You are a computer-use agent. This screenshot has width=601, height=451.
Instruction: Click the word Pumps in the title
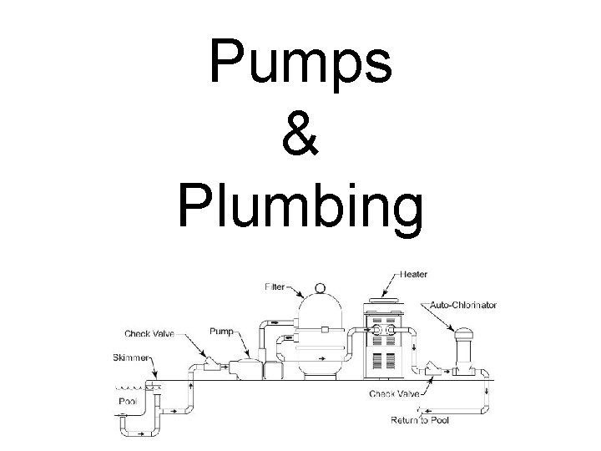click(x=300, y=63)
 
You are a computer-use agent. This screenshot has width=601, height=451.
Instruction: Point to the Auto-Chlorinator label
click(x=464, y=306)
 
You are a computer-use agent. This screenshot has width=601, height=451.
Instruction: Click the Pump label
click(x=220, y=331)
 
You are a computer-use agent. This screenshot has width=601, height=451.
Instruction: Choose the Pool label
click(x=128, y=401)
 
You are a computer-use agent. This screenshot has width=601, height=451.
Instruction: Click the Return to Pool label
click(x=419, y=420)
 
